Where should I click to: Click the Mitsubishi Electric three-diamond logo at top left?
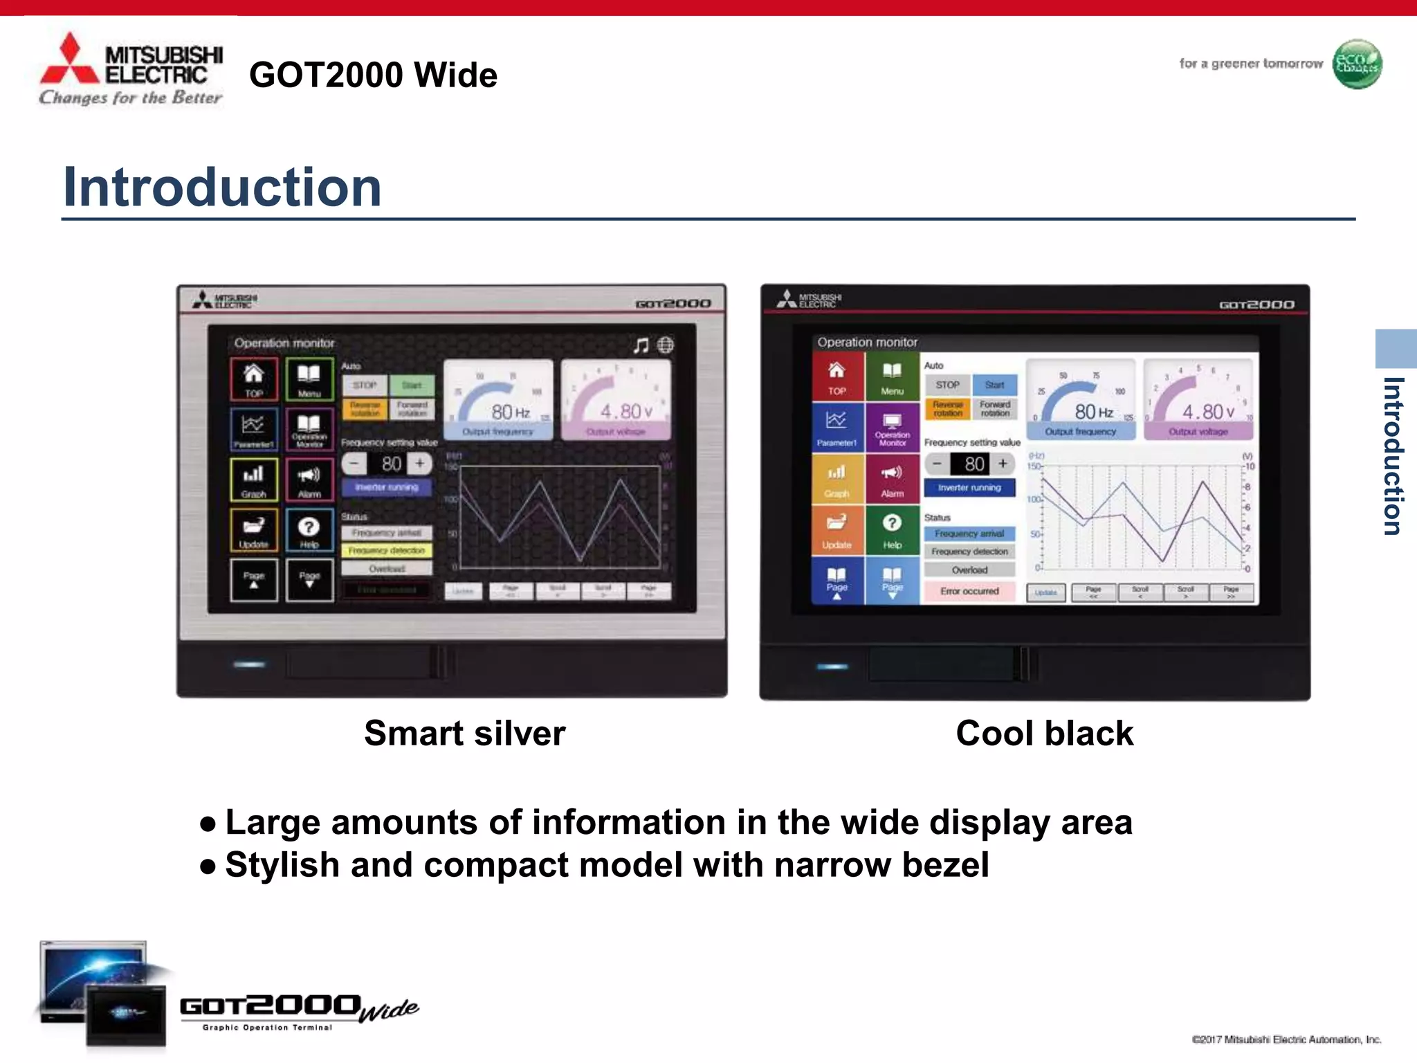70,60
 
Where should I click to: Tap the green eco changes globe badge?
1356,64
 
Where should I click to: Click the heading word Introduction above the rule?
222,187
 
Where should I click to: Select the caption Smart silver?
464,734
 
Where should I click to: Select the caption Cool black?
1044,734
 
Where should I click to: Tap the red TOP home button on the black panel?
837,377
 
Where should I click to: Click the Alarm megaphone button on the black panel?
892,479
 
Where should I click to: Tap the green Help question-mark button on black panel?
892,529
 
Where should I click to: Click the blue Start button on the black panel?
994,385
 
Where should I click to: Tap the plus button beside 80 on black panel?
1003,464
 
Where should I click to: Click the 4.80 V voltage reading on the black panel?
1207,412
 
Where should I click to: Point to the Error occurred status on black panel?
969,591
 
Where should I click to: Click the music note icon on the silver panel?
641,345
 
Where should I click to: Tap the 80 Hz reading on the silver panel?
511,412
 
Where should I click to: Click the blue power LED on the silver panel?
249,664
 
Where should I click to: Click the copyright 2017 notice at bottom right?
1286,1039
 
